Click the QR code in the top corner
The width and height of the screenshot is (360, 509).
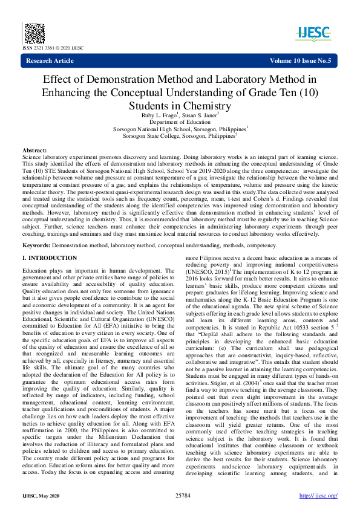tap(34, 32)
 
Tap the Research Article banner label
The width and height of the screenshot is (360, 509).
tap(50, 60)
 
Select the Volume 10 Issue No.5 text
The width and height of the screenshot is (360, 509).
tap(301, 60)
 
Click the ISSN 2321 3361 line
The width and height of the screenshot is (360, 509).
tap(53, 48)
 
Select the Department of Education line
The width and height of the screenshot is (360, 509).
tap(180, 121)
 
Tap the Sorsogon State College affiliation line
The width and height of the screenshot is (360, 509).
tap(180, 136)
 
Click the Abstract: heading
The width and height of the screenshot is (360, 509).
tap(34, 149)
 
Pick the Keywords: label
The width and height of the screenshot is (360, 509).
tap(36, 245)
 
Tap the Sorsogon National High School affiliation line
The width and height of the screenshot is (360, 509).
tap(180, 129)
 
